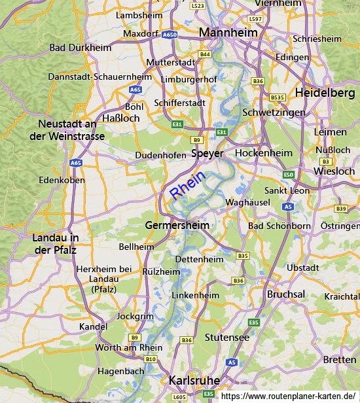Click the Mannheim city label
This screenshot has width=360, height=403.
(x=228, y=32)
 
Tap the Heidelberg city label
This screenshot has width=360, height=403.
(x=325, y=93)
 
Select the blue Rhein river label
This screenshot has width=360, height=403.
(x=188, y=185)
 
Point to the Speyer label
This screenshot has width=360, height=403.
(x=207, y=154)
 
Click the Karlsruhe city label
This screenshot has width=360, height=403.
(x=194, y=380)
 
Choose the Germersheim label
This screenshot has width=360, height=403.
(x=177, y=225)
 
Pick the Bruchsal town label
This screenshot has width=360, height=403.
(x=286, y=294)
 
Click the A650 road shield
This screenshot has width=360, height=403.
(x=170, y=35)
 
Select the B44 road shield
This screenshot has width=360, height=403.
(x=206, y=54)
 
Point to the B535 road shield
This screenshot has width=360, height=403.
(x=278, y=97)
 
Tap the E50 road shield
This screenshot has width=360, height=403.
(x=289, y=175)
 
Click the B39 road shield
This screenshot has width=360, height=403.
(x=341, y=209)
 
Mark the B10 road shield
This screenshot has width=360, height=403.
(x=151, y=359)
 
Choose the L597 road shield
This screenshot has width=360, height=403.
(x=255, y=20)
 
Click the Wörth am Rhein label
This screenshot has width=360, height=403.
(x=129, y=347)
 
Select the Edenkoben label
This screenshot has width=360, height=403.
(x=62, y=179)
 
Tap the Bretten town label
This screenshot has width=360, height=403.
(x=340, y=360)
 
